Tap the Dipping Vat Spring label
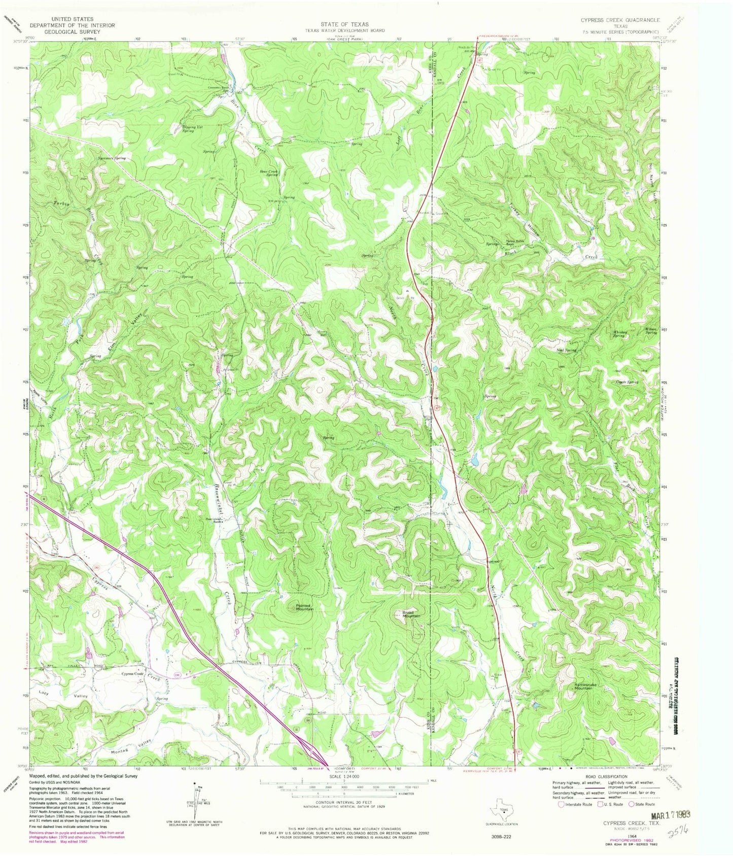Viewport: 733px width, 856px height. [x=185, y=129]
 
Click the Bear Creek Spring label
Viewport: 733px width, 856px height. [x=269, y=173]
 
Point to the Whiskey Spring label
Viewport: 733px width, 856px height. [x=618, y=334]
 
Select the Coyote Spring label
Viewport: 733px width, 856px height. [x=626, y=382]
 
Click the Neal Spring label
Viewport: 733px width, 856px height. [x=567, y=350]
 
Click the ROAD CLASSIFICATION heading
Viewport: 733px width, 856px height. [x=609, y=776]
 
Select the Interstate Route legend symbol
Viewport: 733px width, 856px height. [x=561, y=804]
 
